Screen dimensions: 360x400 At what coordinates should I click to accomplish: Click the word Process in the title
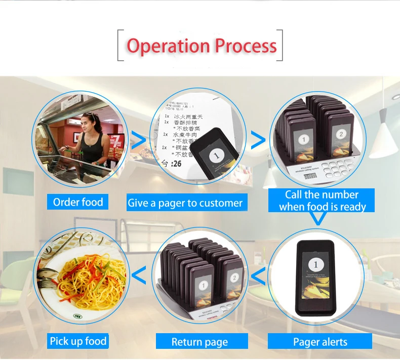246,46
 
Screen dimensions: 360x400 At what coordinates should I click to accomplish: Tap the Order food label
78,203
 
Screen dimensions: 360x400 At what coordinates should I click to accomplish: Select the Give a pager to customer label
185,203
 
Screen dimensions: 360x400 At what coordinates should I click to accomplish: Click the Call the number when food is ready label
322,201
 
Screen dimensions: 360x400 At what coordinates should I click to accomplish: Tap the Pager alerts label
320,342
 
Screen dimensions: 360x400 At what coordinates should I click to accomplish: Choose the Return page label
199,342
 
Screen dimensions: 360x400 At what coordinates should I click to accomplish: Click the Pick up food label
78,341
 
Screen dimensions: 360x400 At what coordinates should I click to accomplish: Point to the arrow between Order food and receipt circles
138,141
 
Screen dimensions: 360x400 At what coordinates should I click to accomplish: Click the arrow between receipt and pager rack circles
258,141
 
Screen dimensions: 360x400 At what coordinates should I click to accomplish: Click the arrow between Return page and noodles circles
139,276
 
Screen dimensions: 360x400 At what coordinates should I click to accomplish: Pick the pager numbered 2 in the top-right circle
341,134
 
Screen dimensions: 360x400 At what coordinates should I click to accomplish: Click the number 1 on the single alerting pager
316,264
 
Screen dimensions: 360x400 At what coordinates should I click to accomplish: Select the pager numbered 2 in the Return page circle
234,278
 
